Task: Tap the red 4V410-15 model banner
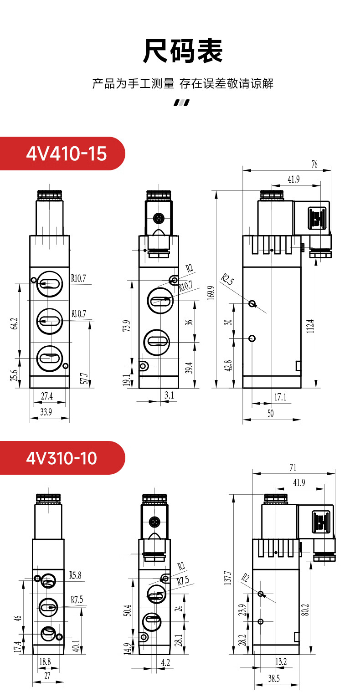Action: pos(62,154)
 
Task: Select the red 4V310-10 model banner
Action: pos(62,458)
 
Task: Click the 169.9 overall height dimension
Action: pos(211,293)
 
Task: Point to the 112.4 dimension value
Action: pos(310,326)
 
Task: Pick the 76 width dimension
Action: pos(314,164)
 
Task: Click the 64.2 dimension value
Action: pos(14,323)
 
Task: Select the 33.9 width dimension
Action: pos(46,412)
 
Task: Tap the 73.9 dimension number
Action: pos(126,326)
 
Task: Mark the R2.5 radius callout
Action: pos(227,279)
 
